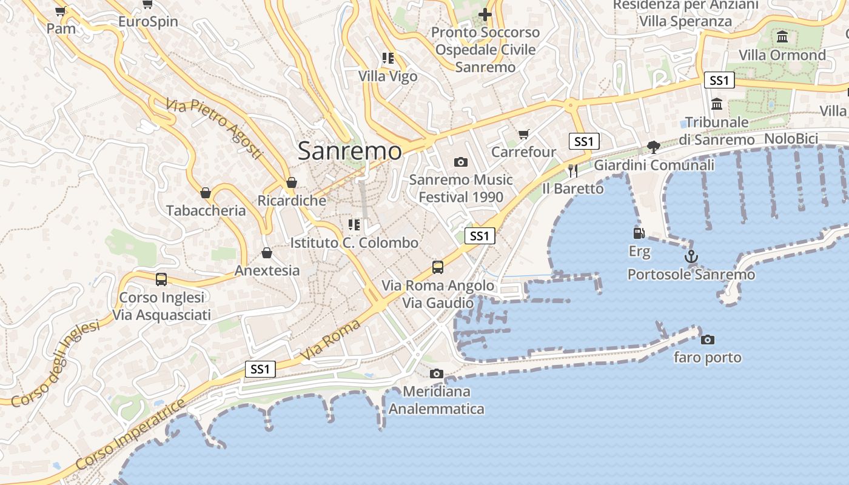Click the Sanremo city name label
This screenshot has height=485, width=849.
(349, 151)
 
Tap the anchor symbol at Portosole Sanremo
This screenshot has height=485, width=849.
(691, 257)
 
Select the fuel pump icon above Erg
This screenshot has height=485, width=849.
(639, 233)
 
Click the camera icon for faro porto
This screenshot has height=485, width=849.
(707, 339)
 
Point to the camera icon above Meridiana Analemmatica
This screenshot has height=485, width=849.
(436, 373)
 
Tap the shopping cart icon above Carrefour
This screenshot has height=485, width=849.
(523, 134)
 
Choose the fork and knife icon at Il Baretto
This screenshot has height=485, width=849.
(572, 171)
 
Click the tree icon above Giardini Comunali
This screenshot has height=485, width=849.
(653, 147)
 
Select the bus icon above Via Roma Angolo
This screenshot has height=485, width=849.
(437, 267)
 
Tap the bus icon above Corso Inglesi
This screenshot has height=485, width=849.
(161, 279)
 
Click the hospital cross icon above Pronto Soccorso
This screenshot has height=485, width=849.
(485, 14)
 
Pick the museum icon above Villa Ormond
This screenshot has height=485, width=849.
(782, 37)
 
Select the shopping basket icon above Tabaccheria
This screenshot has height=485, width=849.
(206, 193)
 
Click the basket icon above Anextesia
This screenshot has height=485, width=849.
(267, 253)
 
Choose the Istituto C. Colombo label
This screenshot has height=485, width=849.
(354, 242)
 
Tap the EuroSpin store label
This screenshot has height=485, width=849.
(148, 22)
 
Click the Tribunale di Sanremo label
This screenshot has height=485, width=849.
(717, 130)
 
